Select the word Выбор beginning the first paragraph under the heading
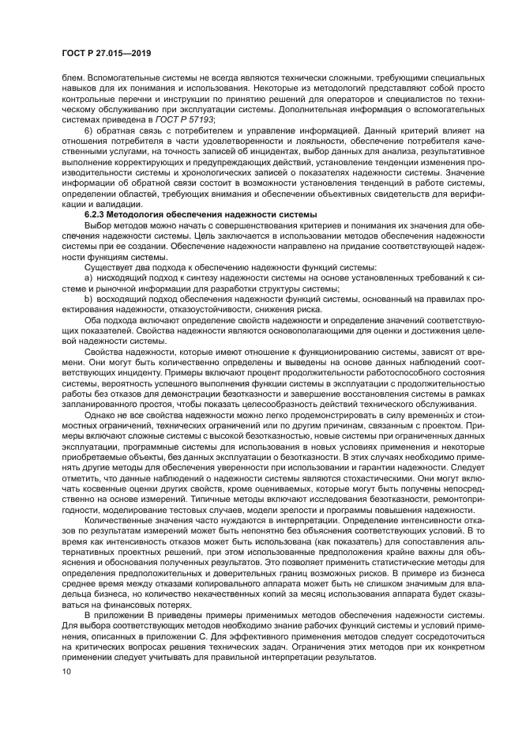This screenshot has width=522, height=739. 99,224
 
